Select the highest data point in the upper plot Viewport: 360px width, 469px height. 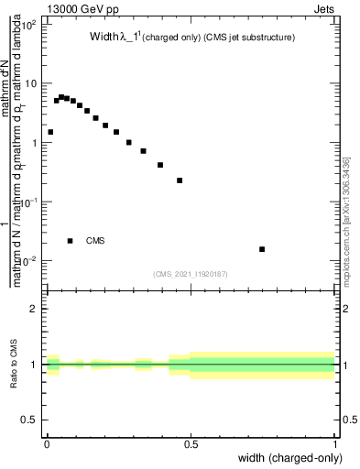(61, 96)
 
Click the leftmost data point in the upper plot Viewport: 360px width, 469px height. (50, 132)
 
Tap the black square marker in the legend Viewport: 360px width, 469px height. (71, 241)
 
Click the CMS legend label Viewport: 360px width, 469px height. (95, 241)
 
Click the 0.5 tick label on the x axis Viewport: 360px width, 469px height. (191, 444)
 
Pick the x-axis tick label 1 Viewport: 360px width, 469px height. (335, 444)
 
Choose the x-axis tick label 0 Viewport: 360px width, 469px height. (47, 444)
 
